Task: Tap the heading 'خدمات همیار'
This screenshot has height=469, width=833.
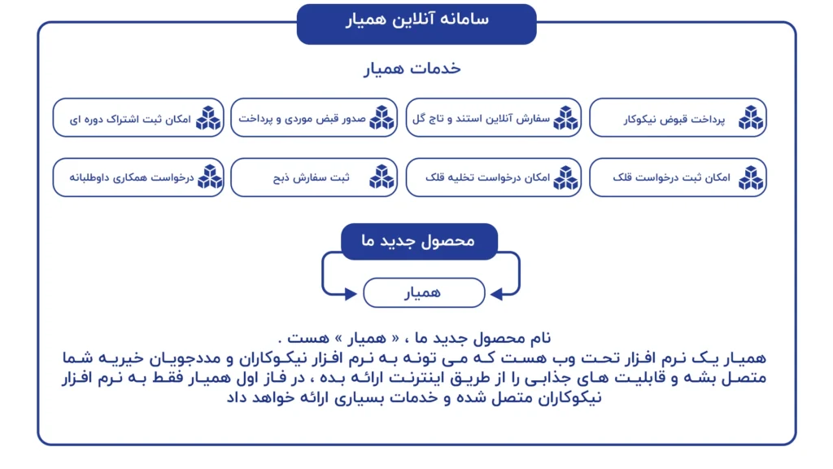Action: pyautogui.click(x=412, y=68)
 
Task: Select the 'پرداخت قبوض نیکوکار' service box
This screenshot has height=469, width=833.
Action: pyautogui.click(x=678, y=118)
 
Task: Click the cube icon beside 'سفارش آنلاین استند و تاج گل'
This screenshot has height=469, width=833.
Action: pyautogui.click(x=565, y=119)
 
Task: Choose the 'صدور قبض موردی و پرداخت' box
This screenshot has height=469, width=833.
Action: pyautogui.click(x=314, y=118)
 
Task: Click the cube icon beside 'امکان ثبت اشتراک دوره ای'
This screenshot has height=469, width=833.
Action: pyautogui.click(x=208, y=119)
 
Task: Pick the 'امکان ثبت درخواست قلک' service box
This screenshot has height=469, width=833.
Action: pyautogui.click(x=678, y=178)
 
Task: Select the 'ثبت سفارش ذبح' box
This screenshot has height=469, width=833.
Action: pyautogui.click(x=314, y=178)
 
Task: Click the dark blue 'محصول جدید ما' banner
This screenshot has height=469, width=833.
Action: pyautogui.click(x=419, y=242)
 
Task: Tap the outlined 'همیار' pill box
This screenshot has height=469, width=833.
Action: pyautogui.click(x=423, y=293)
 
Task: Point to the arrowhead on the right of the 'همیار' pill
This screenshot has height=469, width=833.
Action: pyautogui.click(x=495, y=293)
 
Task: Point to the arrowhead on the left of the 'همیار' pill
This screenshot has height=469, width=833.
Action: pyautogui.click(x=351, y=293)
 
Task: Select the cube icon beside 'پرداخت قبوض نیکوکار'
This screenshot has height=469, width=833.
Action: pyautogui.click(x=751, y=119)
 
